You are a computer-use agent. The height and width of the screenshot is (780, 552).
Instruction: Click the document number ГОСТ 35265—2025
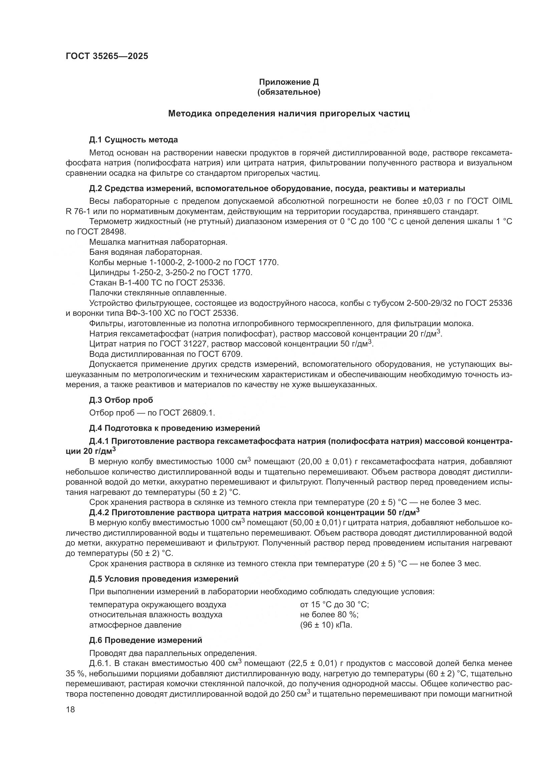(x=107, y=56)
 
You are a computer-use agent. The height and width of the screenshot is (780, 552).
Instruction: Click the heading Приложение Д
(x=289, y=82)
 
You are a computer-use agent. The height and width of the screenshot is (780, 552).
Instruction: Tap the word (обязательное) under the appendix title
(x=289, y=92)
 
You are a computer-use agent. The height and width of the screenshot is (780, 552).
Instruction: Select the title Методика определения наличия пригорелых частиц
(x=289, y=114)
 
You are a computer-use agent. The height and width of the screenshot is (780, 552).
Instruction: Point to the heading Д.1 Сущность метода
(x=133, y=140)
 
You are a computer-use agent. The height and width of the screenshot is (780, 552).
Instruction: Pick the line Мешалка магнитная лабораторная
(x=158, y=242)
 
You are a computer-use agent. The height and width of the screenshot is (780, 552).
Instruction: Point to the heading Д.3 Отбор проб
(x=121, y=400)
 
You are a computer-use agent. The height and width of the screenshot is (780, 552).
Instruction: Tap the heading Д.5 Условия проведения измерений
(x=164, y=579)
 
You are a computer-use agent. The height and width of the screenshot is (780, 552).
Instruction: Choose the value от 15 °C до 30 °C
(x=334, y=605)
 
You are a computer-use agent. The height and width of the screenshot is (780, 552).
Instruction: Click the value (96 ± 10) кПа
(x=326, y=625)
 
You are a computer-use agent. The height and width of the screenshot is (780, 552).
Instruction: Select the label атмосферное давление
(x=135, y=625)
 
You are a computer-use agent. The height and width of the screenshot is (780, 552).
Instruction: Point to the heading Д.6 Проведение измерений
(x=146, y=640)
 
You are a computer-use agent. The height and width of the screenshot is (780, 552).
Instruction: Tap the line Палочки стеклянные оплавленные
(x=158, y=293)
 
